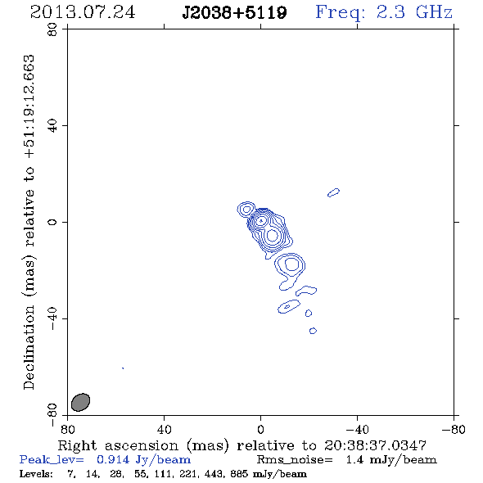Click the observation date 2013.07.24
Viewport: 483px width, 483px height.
[83, 12]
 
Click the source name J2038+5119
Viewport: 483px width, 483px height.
[234, 12]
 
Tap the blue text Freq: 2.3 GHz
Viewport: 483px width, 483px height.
[384, 12]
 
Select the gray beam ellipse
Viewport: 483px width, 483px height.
[80, 402]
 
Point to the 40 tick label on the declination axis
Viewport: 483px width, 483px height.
[52, 126]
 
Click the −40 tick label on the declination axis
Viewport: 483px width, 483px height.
[52, 318]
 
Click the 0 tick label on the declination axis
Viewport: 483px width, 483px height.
[52, 222]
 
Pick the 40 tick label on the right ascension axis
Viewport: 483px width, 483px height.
[165, 429]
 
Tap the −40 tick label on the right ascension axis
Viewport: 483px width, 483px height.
[357, 429]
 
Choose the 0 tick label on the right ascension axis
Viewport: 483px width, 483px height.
[260, 429]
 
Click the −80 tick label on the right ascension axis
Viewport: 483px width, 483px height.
[454, 429]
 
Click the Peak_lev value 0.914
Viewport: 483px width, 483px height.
[113, 459]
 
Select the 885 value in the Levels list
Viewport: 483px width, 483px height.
[239, 473]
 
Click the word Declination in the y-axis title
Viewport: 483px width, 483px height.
[29, 347]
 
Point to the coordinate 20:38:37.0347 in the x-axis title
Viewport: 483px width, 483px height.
[375, 445]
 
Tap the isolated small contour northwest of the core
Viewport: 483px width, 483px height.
[334, 192]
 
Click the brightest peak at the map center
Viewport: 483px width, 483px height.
[261, 220]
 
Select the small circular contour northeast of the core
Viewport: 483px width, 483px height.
[246, 210]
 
